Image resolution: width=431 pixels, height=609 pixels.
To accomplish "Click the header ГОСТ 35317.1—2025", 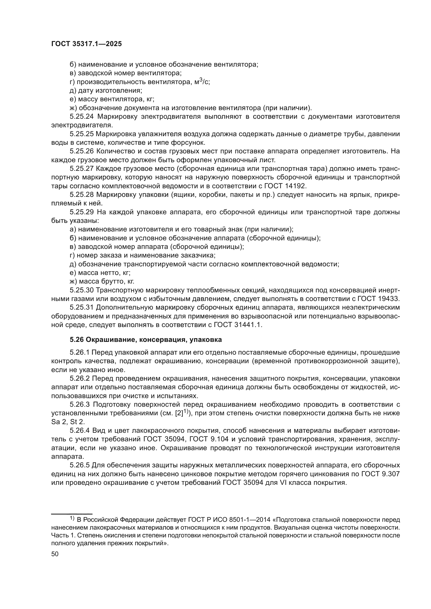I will pos(86,44).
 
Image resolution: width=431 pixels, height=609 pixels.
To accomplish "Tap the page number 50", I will pos(55,554).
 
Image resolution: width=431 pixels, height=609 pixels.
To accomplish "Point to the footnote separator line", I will pos(72,514).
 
